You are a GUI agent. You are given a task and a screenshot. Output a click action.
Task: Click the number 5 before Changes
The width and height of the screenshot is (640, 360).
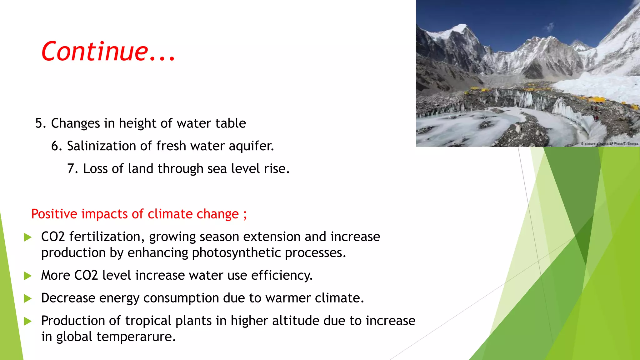tap(39, 123)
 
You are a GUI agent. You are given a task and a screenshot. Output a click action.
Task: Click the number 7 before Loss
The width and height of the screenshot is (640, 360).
tap(71, 169)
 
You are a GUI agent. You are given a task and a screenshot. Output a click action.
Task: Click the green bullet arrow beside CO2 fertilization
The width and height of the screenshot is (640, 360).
tap(28, 237)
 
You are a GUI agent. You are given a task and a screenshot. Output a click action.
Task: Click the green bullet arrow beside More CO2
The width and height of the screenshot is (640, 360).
tap(28, 276)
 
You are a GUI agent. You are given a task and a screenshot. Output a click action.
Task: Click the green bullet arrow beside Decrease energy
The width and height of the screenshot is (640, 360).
tap(28, 298)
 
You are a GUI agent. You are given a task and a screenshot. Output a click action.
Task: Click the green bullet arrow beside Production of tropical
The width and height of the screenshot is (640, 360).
tap(28, 321)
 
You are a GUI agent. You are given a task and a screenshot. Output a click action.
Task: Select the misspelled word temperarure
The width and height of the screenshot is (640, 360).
tap(136, 337)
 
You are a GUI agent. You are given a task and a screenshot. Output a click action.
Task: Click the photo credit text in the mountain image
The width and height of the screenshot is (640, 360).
tap(609, 144)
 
